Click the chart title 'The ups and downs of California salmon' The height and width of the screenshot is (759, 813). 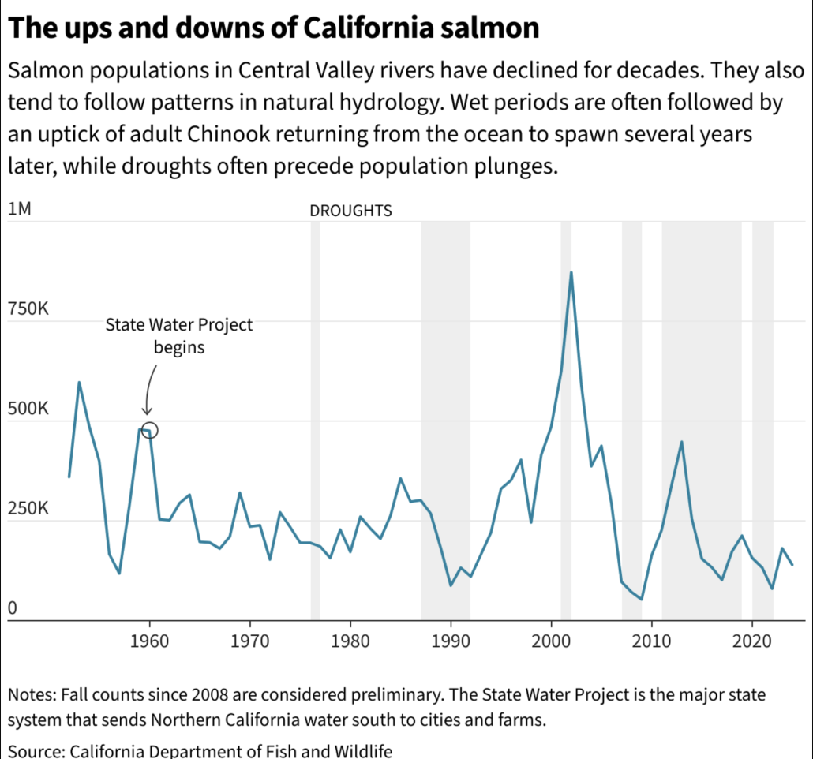pos(273,28)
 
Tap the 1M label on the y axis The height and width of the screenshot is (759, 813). pos(19,210)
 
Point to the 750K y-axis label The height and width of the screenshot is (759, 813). pos(28,309)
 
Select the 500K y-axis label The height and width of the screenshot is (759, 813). pos(28,409)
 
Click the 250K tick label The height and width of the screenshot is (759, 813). pos(28,509)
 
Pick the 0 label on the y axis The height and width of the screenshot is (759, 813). pos(13,608)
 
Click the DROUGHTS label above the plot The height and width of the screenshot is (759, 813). pos(350,211)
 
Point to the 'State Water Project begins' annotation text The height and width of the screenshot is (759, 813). pos(179,335)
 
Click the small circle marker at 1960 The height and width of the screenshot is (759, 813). pos(150,430)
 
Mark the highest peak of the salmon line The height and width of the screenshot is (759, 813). pos(571,273)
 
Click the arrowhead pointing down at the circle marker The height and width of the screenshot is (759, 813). pos(146,410)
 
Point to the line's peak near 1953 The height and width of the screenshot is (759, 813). pos(79,383)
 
